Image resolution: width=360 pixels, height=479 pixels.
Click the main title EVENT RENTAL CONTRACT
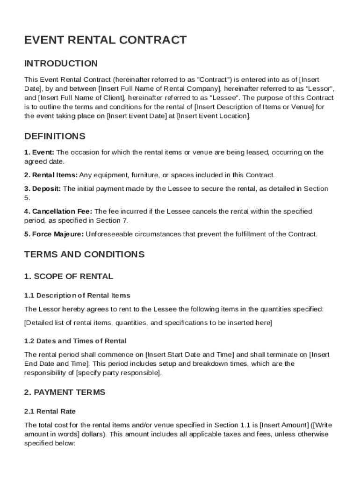(105, 40)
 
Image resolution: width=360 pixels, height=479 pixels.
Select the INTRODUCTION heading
(61, 64)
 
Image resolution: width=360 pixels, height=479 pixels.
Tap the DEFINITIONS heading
(55, 137)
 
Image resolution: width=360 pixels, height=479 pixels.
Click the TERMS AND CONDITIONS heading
(84, 254)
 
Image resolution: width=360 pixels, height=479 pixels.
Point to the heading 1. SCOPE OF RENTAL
(68, 276)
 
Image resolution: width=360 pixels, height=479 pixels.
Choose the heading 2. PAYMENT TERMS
(65, 392)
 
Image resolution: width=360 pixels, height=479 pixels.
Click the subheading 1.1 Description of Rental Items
(77, 296)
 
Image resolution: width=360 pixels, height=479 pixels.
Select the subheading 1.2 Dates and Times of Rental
(75, 341)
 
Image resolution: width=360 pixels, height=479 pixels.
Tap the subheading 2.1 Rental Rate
(50, 412)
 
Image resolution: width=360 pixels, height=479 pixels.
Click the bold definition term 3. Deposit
(43, 189)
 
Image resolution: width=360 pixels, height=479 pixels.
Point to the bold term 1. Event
(39, 152)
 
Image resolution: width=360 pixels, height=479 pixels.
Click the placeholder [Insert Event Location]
(214, 116)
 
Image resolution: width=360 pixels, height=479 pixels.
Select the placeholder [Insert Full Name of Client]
(81, 98)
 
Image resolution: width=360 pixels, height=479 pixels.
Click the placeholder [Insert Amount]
(284, 425)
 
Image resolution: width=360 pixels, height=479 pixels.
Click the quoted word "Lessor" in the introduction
(319, 89)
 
